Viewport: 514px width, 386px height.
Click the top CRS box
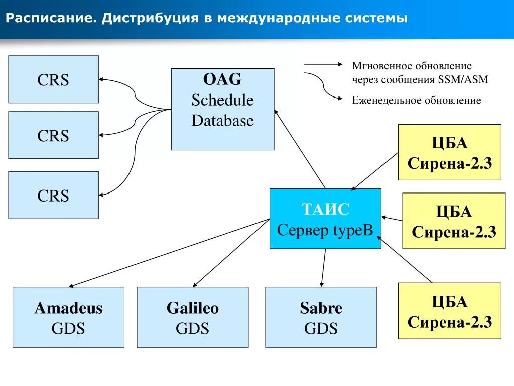point(53,79)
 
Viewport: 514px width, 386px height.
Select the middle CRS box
point(53,135)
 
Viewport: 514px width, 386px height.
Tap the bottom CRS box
point(53,195)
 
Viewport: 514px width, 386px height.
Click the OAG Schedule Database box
point(222,109)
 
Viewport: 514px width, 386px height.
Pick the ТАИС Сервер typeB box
point(325,219)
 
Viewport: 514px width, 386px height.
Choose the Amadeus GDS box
point(68,317)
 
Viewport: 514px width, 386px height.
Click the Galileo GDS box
point(192,317)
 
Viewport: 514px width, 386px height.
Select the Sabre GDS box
point(321,317)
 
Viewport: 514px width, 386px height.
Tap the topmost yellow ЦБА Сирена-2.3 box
point(449,152)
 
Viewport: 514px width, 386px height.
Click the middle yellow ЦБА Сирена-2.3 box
point(454,221)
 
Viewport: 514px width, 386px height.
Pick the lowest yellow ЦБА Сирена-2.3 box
point(449,311)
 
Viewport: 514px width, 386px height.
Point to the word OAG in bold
point(222,79)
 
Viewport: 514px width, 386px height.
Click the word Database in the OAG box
point(222,121)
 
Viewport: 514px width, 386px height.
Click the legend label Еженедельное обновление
point(417,100)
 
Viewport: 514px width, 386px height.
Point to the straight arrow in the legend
point(322,64)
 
